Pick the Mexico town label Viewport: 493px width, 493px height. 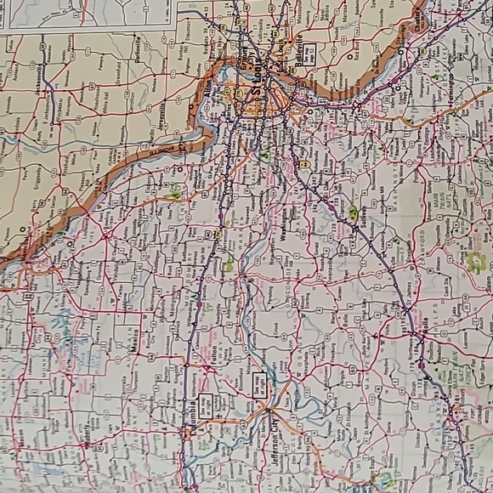click(125, 347)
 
